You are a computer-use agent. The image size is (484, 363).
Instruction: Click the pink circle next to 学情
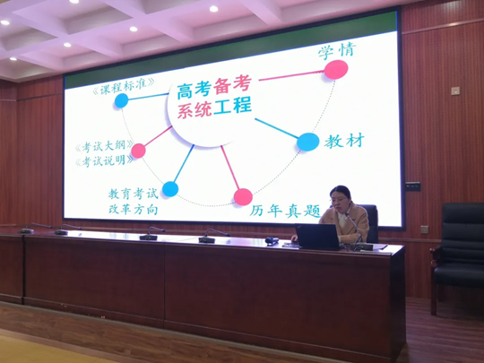coord(336,69)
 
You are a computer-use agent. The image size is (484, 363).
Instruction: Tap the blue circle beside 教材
coord(308,142)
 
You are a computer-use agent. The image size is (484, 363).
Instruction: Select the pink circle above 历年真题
coord(243,197)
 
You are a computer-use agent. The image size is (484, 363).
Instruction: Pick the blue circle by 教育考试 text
coord(170,189)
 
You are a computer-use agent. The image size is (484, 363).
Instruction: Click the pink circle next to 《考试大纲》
coord(138,151)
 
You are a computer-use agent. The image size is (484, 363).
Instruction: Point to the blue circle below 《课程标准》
coord(121,100)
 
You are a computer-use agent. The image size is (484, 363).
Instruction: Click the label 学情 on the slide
coord(337,50)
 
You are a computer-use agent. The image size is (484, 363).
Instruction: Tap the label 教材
coord(344,141)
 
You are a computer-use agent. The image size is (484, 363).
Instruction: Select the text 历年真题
coord(285,212)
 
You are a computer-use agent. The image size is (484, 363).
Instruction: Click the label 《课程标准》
coord(124,86)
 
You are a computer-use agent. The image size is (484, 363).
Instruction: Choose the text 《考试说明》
coord(104,160)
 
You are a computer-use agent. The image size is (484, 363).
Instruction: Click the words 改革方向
coord(134,209)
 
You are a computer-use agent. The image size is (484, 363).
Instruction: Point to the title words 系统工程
coord(214,108)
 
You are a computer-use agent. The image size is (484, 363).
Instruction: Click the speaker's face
coord(340,202)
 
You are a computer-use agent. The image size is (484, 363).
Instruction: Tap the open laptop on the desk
coord(318,237)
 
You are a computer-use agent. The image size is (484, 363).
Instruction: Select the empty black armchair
coord(457,256)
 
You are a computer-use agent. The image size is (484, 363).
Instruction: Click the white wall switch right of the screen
coord(455,91)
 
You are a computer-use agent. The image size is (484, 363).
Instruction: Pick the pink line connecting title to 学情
coord(291,75)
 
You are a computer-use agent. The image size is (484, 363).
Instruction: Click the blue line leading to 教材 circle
coord(277,128)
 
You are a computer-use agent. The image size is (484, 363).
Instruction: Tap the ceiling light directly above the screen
coord(213,9)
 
